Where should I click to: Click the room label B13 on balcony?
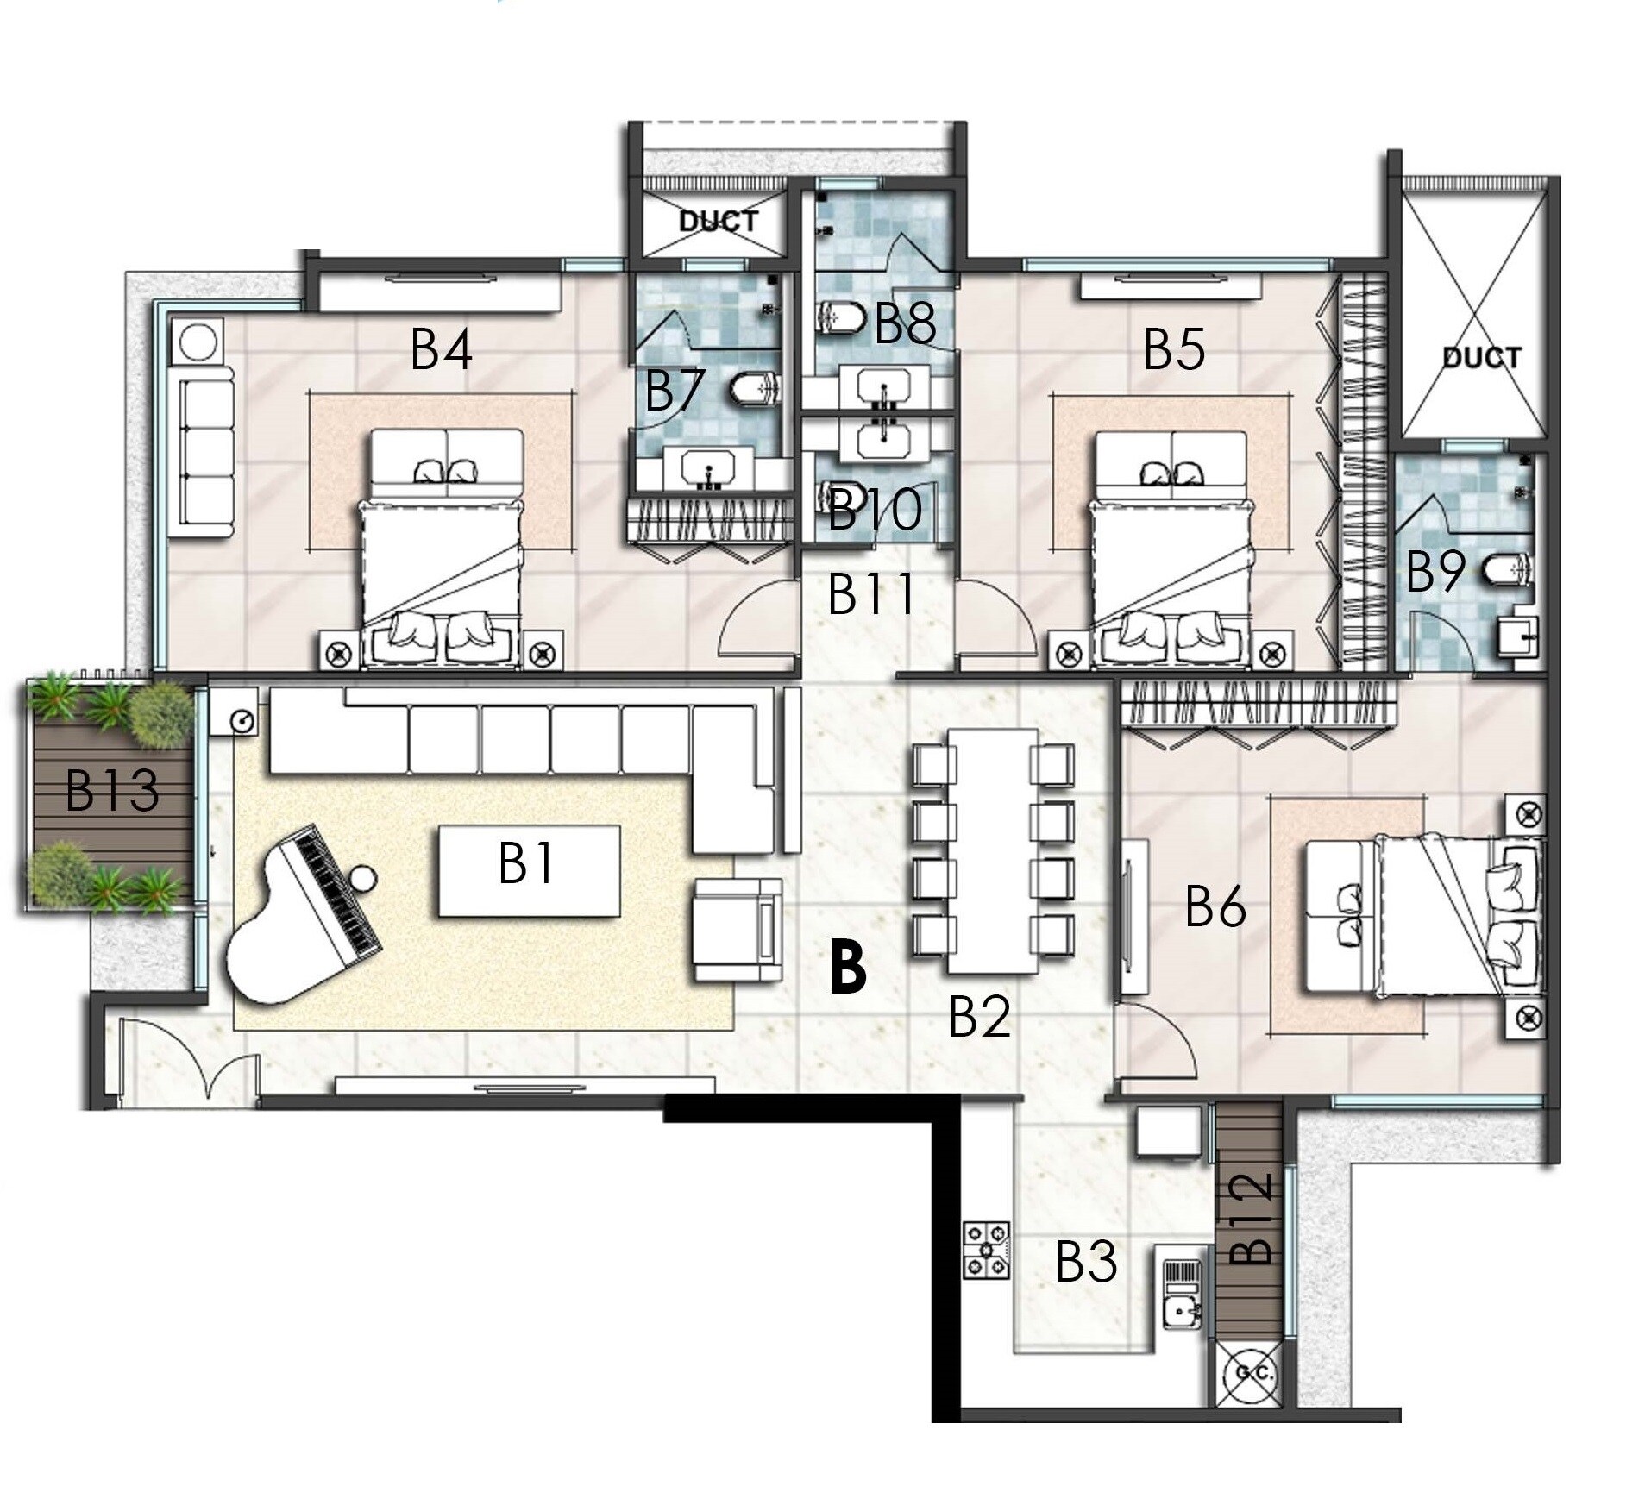point(112,791)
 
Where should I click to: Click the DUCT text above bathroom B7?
point(718,222)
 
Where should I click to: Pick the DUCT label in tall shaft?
point(1480,356)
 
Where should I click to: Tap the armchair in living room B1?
point(738,930)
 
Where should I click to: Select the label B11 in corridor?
point(870,594)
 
